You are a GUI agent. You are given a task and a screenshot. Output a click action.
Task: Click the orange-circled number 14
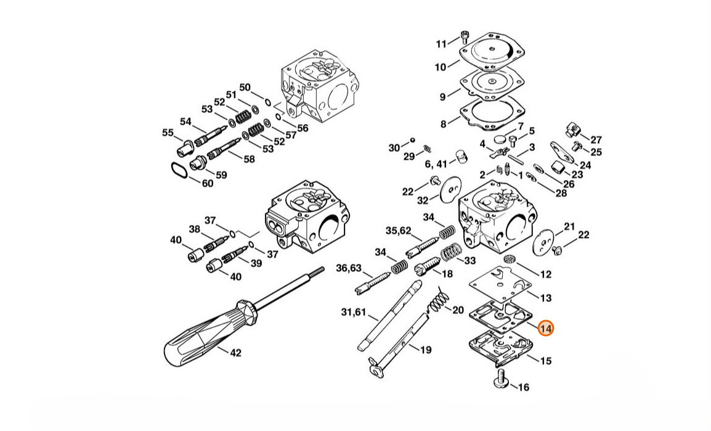[x=545, y=329]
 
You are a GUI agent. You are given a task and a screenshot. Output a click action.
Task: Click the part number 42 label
[x=235, y=353]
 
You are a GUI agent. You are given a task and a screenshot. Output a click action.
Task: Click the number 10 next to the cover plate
[x=441, y=67]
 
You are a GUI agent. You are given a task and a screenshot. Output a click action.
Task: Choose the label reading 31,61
[x=353, y=313]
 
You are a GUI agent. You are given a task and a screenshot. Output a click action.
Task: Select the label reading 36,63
[x=348, y=268]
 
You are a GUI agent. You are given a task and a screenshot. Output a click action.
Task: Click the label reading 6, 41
[x=436, y=164]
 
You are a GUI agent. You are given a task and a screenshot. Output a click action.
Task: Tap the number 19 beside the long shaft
[x=426, y=350]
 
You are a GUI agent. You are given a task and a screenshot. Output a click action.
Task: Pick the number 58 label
[x=249, y=159]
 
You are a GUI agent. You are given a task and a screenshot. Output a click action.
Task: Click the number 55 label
[x=168, y=132]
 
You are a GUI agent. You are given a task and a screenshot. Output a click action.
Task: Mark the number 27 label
[x=596, y=140]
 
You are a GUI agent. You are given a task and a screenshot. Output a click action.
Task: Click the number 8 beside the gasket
[x=443, y=125]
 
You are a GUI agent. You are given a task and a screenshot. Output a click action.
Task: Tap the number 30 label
[x=394, y=147]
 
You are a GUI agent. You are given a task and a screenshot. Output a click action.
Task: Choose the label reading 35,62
[x=398, y=231]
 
